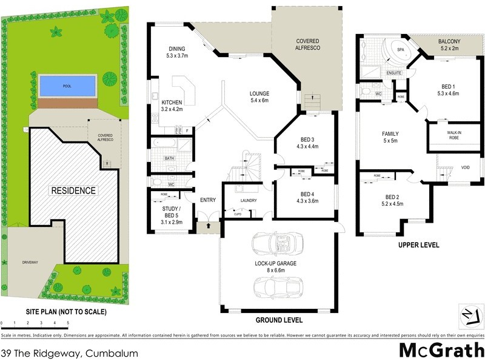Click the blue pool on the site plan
coord(67,86)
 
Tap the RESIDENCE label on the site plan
coord(73,190)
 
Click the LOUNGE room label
coord(259,94)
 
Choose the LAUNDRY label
coord(248,200)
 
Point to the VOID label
coord(464,168)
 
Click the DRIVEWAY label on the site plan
coord(30,262)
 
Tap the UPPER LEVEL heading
coord(418,246)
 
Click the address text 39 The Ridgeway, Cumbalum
coord(70,353)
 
